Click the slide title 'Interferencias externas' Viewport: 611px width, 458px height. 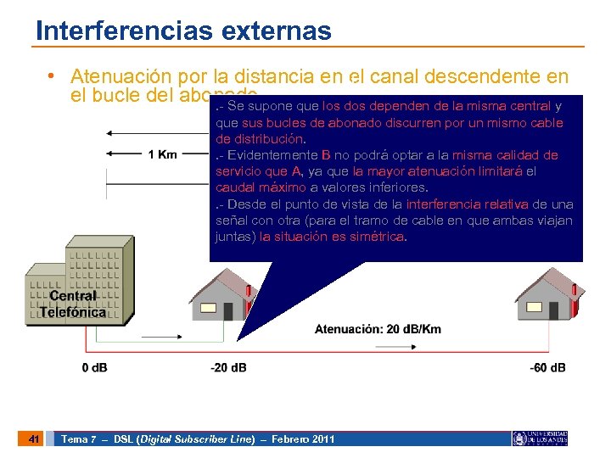[x=183, y=31]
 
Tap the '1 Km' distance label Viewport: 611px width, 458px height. [x=162, y=154]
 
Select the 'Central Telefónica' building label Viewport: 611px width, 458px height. [x=73, y=304]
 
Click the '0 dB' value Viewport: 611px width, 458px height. [x=94, y=367]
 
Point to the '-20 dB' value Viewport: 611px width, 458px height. [x=228, y=367]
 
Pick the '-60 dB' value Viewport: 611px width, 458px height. [x=547, y=367]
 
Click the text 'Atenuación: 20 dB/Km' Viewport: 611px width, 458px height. [x=378, y=329]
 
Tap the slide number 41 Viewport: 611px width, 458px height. [x=33, y=438]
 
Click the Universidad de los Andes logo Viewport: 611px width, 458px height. [x=540, y=438]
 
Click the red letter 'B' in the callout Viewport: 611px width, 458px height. [x=326, y=155]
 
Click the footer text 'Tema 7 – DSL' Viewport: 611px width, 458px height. [x=97, y=439]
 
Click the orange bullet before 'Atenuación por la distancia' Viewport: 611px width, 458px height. [x=53, y=76]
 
